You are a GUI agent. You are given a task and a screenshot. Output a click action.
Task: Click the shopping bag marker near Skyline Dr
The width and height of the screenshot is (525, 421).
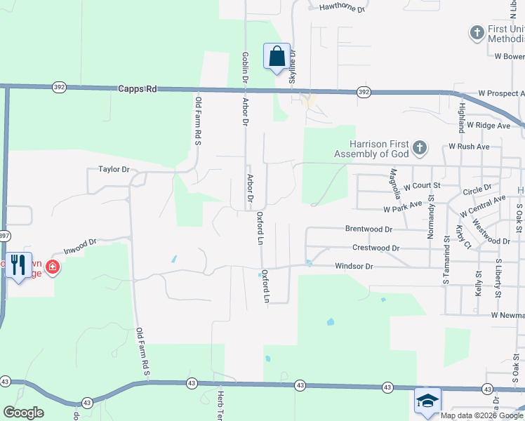(277, 57)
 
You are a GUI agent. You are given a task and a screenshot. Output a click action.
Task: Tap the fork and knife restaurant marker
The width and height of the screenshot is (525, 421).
(19, 265)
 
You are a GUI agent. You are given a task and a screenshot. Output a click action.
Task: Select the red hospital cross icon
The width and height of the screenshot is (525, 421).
(53, 267)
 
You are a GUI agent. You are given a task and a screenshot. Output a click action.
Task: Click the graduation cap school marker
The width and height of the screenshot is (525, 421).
(427, 400)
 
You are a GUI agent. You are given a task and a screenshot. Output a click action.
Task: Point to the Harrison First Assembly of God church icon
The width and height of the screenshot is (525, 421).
(419, 147)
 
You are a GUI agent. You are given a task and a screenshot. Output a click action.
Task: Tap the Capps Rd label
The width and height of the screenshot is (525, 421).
(138, 89)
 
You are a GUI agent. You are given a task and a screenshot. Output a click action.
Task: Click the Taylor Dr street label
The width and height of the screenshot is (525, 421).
(114, 169)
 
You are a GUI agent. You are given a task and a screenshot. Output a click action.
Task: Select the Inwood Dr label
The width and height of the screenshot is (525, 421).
(79, 246)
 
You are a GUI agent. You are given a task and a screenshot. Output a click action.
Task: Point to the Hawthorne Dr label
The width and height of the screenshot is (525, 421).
(343, 9)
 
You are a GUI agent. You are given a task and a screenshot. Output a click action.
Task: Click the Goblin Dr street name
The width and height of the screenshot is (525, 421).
(245, 68)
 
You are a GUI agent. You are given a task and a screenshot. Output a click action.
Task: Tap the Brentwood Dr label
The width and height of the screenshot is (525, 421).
(368, 229)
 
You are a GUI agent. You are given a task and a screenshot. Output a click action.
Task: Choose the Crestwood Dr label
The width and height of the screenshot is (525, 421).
(376, 248)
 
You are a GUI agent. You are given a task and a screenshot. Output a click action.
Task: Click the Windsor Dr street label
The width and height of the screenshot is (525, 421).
(354, 267)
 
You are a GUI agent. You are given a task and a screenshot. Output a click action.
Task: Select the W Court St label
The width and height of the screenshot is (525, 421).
(421, 185)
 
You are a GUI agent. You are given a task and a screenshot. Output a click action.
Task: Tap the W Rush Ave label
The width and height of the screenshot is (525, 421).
(469, 147)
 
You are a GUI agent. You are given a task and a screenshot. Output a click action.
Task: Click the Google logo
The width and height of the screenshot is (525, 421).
(23, 413)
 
